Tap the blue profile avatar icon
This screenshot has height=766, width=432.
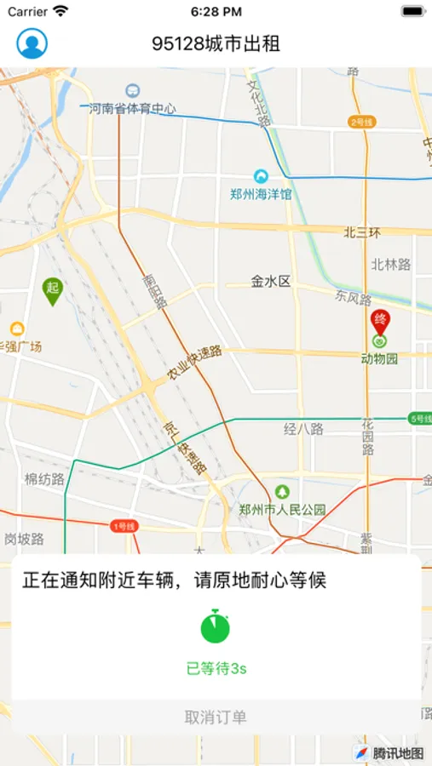tap(32, 43)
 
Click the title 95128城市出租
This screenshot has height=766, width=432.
tap(216, 43)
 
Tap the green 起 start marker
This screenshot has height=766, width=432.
tap(53, 290)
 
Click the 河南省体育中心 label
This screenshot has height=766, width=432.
tap(133, 108)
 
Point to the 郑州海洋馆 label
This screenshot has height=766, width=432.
tap(261, 193)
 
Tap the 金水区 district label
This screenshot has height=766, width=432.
tap(271, 281)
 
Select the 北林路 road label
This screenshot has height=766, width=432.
tap(390, 265)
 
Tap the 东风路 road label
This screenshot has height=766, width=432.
tap(353, 299)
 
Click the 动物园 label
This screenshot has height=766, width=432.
tap(379, 358)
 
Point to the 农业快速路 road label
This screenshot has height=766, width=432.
tap(194, 363)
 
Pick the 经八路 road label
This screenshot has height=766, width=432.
tap(304, 429)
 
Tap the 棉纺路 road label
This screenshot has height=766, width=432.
tap(45, 479)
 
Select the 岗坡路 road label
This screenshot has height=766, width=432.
tap(23, 538)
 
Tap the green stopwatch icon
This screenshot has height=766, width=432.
tap(216, 626)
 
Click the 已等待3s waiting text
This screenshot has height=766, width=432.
tap(216, 669)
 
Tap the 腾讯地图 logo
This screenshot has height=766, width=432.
tap(389, 752)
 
